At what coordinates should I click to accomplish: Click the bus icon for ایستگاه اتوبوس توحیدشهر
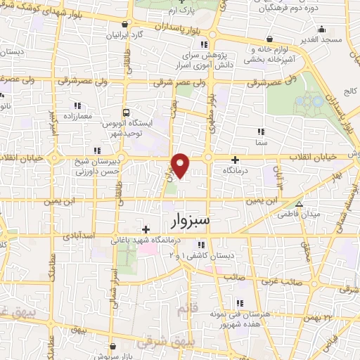pyautogui.click(x=125, y=112)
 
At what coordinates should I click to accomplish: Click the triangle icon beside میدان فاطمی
pyautogui.click(x=300, y=204)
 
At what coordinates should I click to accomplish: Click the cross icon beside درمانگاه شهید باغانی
pyautogui.click(x=146, y=229)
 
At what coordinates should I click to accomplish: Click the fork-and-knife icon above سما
pyautogui.click(x=262, y=131)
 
